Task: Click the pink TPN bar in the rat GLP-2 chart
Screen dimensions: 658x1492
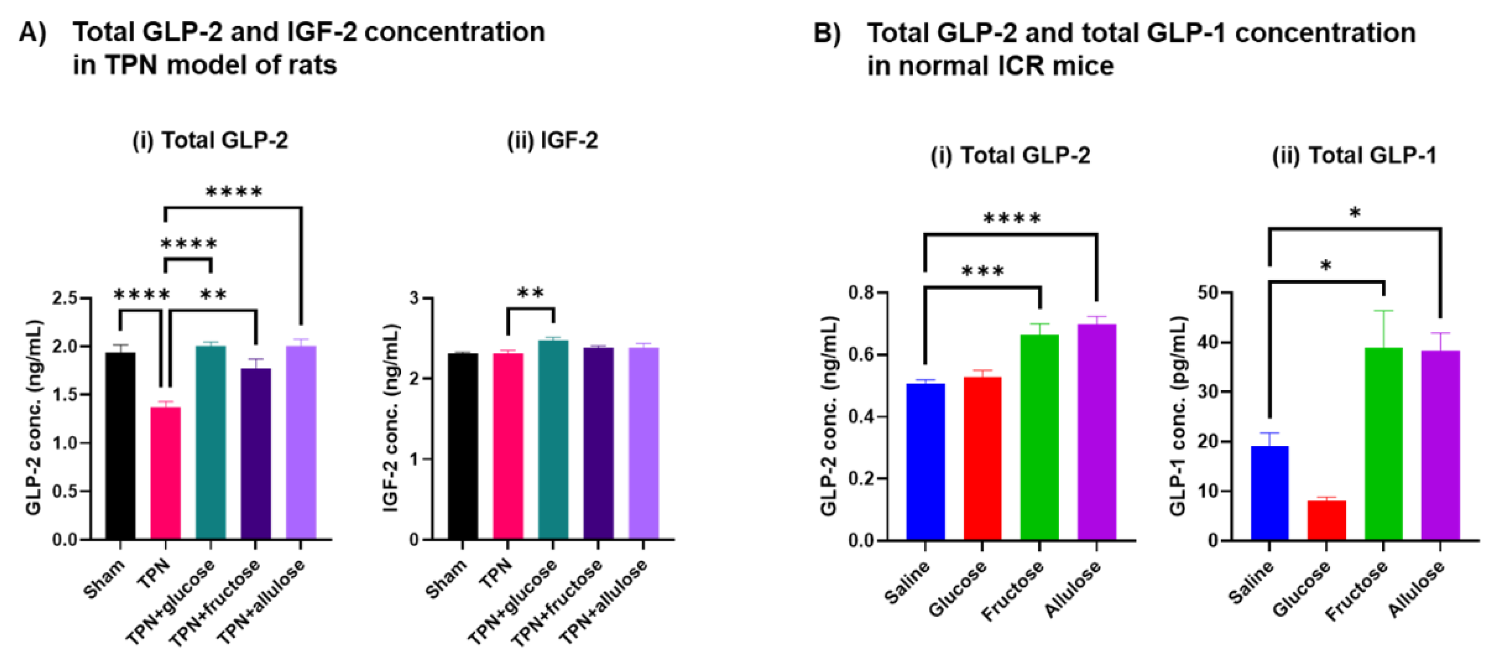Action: point(166,472)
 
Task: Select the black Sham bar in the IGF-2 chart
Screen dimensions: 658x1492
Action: point(463,446)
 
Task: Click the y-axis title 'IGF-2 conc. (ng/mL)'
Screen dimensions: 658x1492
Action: point(392,417)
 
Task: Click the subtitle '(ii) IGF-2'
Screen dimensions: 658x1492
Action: point(552,141)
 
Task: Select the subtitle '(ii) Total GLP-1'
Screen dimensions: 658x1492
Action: point(1354,155)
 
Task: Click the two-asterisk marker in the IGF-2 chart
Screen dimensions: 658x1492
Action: point(530,293)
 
